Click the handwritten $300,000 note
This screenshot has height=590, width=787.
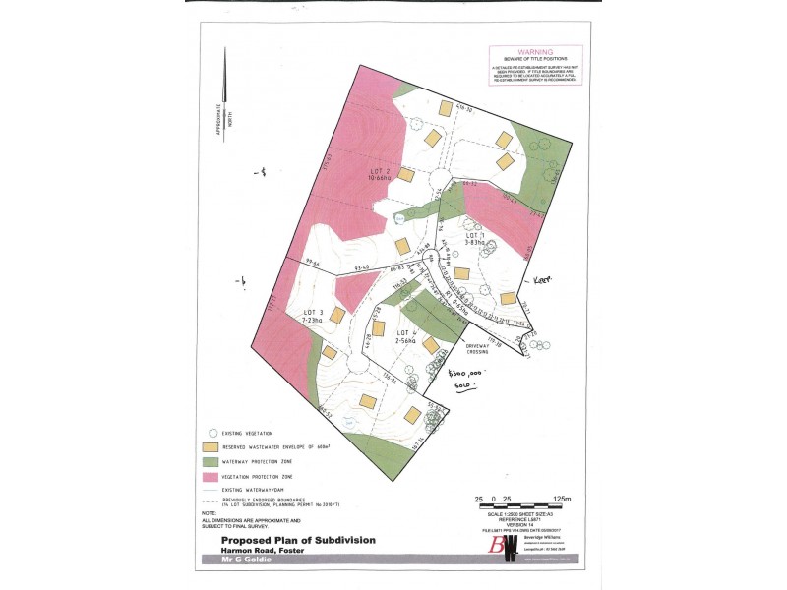click(463, 374)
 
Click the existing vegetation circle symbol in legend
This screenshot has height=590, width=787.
click(212, 432)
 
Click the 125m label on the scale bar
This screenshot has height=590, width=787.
click(563, 500)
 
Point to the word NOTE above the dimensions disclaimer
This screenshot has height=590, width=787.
click(209, 513)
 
